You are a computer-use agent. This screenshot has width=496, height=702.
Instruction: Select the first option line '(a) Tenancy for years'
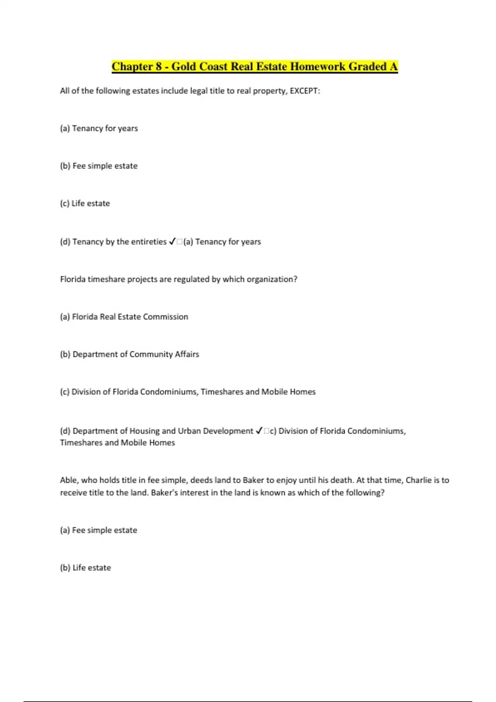99,128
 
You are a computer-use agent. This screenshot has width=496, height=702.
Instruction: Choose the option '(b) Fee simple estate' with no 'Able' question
99,166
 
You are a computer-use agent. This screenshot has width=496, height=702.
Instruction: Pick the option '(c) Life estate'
85,204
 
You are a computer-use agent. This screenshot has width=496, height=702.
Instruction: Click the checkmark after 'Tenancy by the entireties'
173,242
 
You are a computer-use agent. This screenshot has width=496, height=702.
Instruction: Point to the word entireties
147,242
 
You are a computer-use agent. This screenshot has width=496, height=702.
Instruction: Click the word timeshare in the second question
106,279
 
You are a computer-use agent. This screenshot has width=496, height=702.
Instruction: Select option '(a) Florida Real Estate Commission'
124,317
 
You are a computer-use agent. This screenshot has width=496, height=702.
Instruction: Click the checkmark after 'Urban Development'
259,431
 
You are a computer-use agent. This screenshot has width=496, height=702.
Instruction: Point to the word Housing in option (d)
144,431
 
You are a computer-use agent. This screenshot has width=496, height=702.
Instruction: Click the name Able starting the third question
69,480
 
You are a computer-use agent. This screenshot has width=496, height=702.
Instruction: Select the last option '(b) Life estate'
86,568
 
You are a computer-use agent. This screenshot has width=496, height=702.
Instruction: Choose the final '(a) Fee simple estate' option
98,530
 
